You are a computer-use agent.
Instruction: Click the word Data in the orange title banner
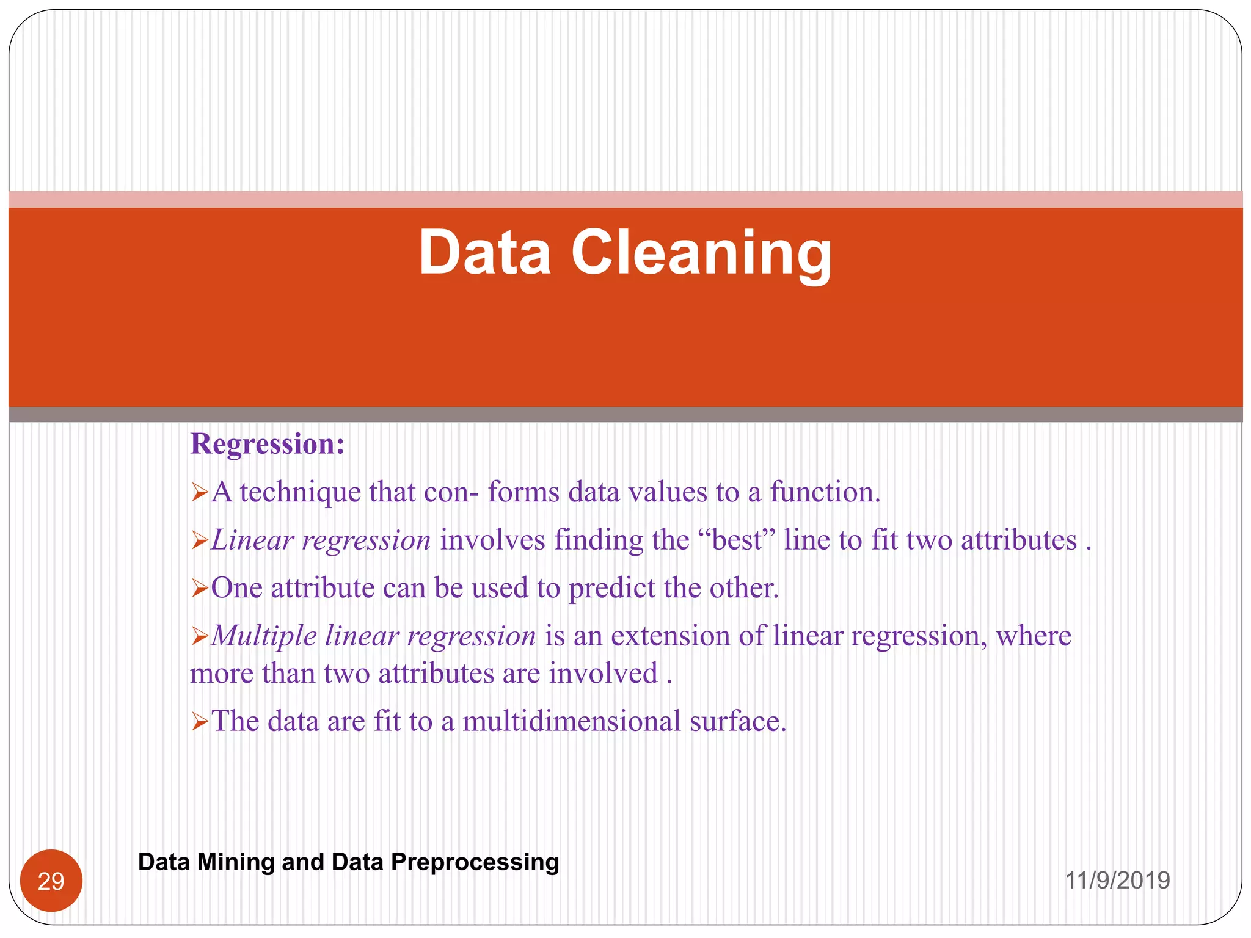[x=484, y=253]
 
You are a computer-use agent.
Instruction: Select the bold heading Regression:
[x=268, y=444]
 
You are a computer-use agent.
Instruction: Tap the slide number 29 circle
[x=51, y=881]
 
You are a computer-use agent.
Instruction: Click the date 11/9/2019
[x=1117, y=881]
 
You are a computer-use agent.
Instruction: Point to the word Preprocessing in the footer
[x=475, y=862]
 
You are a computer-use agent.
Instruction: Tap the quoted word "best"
[x=738, y=540]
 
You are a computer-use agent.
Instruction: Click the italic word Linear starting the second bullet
[x=252, y=540]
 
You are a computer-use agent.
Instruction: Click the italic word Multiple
[x=264, y=636]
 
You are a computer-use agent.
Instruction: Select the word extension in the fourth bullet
[x=670, y=636]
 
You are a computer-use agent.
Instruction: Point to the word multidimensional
[x=571, y=721]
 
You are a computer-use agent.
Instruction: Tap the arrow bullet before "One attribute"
[x=200, y=589]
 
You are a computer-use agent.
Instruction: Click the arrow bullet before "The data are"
[x=200, y=722]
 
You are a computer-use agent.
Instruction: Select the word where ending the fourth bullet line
[x=1034, y=636]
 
